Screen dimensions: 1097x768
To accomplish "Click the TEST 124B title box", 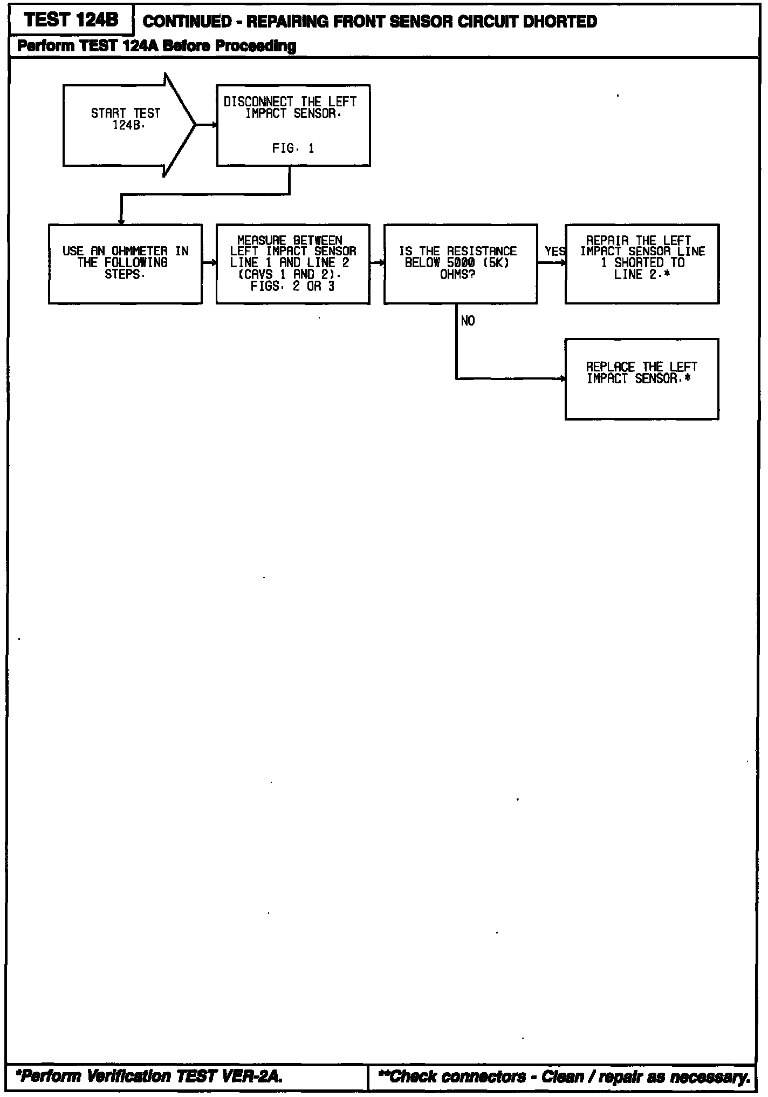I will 71,21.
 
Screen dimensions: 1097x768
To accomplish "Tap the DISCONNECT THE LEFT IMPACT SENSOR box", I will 293,125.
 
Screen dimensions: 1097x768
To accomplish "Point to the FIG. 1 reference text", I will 293,148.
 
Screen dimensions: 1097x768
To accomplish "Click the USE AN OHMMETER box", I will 125,263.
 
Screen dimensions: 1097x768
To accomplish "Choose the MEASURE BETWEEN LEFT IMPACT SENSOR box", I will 293,263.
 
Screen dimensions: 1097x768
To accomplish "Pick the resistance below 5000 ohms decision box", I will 460,263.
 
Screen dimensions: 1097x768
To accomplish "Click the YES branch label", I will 554,252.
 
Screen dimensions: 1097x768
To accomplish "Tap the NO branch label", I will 468,321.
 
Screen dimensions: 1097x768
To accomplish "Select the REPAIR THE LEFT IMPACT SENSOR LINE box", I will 642,263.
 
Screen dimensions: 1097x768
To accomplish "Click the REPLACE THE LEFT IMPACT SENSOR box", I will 642,379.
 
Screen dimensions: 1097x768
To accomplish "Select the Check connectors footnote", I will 564,1076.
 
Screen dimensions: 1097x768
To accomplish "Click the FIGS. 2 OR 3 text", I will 292,287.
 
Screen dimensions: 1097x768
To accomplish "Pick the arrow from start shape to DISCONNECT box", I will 206,125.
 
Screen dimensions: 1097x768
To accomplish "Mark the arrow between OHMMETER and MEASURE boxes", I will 209,263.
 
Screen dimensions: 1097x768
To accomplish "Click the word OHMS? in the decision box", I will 457,275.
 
